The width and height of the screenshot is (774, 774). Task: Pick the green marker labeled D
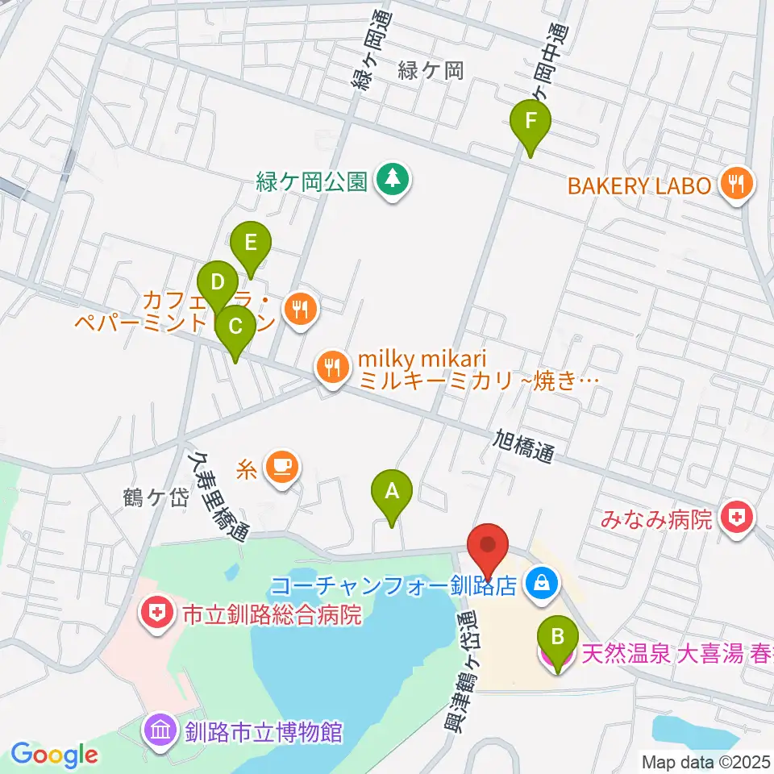[217, 283]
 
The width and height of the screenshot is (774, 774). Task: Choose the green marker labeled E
[251, 242]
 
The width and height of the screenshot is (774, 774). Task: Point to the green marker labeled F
[531, 123]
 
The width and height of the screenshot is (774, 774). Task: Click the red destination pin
[489, 546]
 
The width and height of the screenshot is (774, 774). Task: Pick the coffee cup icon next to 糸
[282, 466]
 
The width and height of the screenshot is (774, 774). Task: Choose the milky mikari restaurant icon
[331, 368]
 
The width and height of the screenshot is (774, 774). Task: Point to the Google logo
[54, 755]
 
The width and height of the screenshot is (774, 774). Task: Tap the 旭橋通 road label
[523, 445]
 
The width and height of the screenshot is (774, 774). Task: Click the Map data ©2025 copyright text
[706, 760]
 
